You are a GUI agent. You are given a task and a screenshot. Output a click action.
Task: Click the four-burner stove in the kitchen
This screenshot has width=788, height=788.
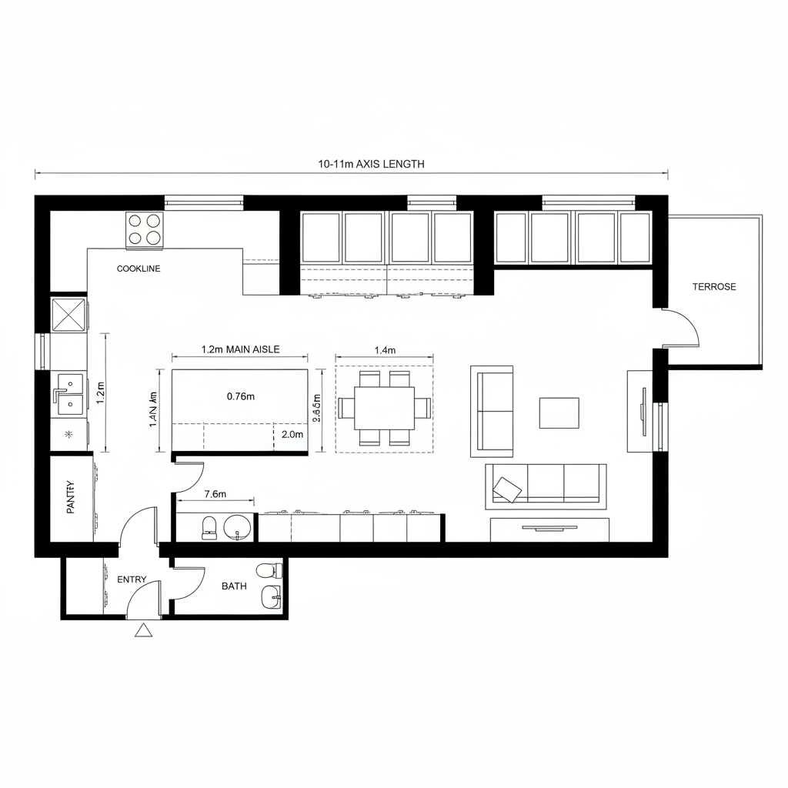tap(145, 229)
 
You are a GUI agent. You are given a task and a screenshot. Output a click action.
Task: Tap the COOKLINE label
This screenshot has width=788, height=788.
tap(139, 269)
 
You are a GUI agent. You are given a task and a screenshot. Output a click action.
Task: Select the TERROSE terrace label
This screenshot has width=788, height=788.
tap(714, 287)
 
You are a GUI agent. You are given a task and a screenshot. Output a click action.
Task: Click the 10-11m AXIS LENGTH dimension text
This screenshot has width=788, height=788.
tap(371, 164)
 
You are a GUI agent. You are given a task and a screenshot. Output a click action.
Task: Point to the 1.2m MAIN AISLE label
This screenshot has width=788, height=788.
tap(240, 349)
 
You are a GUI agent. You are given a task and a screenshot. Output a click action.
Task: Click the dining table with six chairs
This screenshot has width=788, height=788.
tap(384, 408)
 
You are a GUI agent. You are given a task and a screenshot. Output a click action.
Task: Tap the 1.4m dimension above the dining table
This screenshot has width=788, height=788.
tap(384, 351)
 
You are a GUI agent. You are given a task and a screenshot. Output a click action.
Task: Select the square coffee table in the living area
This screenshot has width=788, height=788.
tap(559, 412)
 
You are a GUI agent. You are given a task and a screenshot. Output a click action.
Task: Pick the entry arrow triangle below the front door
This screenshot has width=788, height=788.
tap(142, 631)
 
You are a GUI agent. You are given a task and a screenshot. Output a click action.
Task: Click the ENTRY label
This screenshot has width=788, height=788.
tap(132, 579)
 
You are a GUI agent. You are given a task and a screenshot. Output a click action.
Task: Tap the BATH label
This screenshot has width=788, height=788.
tap(234, 586)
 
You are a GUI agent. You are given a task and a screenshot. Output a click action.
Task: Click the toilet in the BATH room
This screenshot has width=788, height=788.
tap(269, 571)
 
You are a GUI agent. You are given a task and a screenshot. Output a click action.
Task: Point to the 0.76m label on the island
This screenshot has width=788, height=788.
tap(241, 396)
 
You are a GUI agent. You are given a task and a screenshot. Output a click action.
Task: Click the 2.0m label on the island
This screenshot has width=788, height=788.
tap(293, 435)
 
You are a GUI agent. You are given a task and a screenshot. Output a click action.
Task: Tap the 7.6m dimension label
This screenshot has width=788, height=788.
tap(215, 494)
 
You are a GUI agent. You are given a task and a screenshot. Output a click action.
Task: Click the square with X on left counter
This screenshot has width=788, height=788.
tap(68, 315)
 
